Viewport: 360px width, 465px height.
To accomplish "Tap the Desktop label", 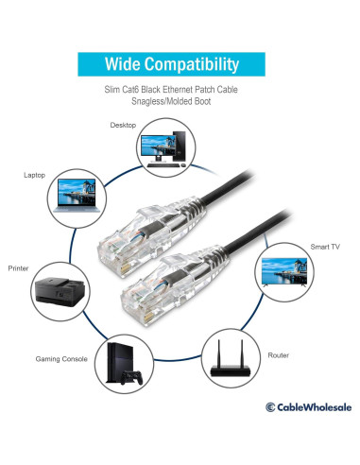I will [x=123, y=124].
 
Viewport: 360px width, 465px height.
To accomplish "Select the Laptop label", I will [x=34, y=175].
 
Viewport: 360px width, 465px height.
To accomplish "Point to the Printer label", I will [x=18, y=268].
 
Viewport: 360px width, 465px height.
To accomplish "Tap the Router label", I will [x=279, y=355].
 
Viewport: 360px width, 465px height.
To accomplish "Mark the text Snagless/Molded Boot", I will [x=180, y=101].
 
